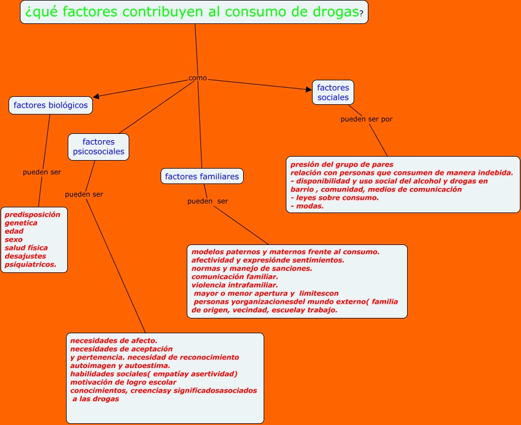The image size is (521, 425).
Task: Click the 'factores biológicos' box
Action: pyautogui.click(x=51, y=105)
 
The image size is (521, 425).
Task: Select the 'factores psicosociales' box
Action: pyautogui.click(x=99, y=147)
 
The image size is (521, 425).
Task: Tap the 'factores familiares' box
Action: pyautogui.click(x=202, y=176)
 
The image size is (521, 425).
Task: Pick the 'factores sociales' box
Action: pyautogui.click(x=333, y=92)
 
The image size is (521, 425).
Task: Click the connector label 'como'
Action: pyautogui.click(x=198, y=78)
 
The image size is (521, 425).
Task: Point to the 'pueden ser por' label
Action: pyautogui.click(x=367, y=119)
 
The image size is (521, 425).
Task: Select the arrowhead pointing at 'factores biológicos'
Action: pyautogui.click(x=96, y=96)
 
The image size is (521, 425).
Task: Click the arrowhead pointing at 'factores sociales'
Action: pyautogui.click(x=309, y=89)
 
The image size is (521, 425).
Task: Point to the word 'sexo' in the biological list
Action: pyautogui.click(x=14, y=239)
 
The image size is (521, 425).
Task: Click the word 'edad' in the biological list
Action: pyautogui.click(x=14, y=231)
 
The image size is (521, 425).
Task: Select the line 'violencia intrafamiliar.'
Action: pyautogui.click(x=235, y=285)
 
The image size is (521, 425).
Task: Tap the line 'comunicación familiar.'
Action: pyautogui.click(x=235, y=277)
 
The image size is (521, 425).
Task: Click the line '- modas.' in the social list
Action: pyautogui.click(x=307, y=206)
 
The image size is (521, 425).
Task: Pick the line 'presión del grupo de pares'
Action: pyautogui.click(x=342, y=164)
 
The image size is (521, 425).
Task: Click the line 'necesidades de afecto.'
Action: pyautogui.click(x=114, y=341)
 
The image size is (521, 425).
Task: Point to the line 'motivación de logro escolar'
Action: pyautogui.click(x=123, y=382)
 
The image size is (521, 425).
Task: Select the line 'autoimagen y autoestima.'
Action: pyautogui.click(x=120, y=366)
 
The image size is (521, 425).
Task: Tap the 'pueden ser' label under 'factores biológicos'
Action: pyautogui.click(x=42, y=172)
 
